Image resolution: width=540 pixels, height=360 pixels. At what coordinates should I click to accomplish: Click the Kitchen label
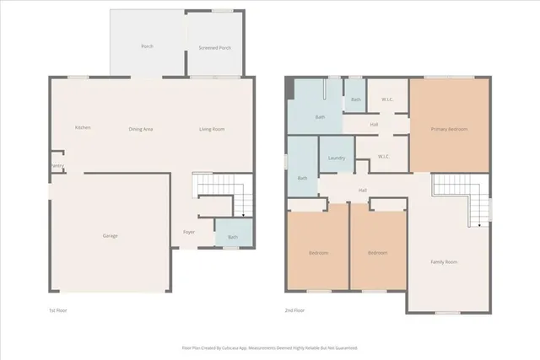[x=83, y=127]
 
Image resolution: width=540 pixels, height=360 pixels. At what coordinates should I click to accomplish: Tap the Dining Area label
[x=140, y=129]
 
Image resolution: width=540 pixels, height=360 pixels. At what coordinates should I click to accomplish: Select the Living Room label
[x=212, y=129]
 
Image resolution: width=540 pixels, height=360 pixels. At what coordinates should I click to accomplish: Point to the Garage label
[x=110, y=235]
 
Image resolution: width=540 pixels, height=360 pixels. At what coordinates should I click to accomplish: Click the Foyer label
[x=189, y=232]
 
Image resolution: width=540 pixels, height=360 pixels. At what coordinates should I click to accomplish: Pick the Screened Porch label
[x=214, y=48]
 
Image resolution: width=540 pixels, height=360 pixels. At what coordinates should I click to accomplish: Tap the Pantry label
[x=56, y=166]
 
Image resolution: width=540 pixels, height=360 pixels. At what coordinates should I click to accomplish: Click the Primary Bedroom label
[x=449, y=129]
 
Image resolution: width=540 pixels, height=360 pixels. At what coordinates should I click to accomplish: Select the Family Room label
[x=444, y=262]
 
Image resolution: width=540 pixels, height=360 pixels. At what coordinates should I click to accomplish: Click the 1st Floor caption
[x=57, y=310]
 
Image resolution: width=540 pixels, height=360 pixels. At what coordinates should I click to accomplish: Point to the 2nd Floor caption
[x=294, y=310]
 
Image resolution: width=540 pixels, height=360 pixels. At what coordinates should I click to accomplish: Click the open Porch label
[x=147, y=46]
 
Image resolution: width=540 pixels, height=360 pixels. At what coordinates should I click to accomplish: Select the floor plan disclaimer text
[x=270, y=347]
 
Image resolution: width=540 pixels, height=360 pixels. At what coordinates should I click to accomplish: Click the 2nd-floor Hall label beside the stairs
[x=362, y=190]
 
